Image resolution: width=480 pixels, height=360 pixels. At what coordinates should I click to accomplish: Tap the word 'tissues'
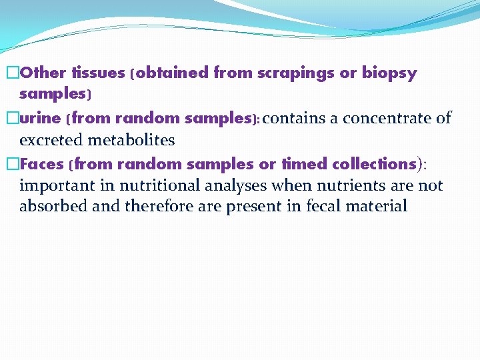click(x=98, y=73)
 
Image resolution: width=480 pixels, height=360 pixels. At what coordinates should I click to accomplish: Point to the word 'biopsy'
click(x=389, y=73)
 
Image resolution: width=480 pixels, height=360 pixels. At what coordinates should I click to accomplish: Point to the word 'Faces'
click(x=42, y=164)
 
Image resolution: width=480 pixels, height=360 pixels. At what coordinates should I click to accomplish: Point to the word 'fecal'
click(x=327, y=206)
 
